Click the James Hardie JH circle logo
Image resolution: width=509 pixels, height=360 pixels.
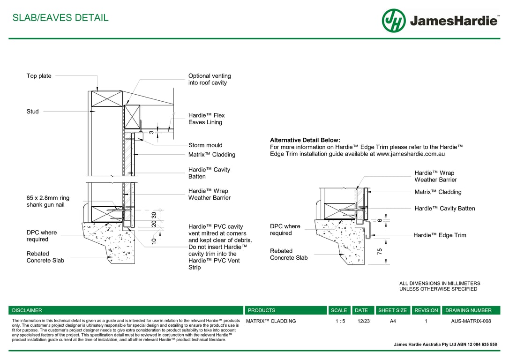click(393, 21)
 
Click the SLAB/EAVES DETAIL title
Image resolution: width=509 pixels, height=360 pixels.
click(60, 18)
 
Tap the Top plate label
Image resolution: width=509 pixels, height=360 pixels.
click(39, 76)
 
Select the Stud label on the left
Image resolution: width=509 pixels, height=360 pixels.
click(32, 112)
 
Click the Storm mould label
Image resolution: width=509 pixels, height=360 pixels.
click(205, 145)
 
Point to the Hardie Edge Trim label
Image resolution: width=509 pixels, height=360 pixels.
click(440, 235)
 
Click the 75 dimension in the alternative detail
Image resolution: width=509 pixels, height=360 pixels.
click(380, 251)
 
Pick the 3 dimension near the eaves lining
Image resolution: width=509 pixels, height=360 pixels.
click(151, 132)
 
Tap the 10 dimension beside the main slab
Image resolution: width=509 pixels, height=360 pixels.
click(154, 241)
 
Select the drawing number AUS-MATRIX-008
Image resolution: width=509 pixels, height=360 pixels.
click(471, 321)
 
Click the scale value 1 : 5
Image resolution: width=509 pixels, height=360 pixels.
click(340, 321)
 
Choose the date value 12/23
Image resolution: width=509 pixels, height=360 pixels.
click(363, 321)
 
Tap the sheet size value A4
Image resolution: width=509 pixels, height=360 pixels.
click(392, 321)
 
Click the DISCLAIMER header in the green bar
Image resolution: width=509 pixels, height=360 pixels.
click(27, 310)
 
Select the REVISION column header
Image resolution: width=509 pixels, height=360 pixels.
click(426, 310)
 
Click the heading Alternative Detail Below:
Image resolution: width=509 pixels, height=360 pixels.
click(305, 140)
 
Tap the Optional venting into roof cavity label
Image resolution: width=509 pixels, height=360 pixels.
click(209, 79)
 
